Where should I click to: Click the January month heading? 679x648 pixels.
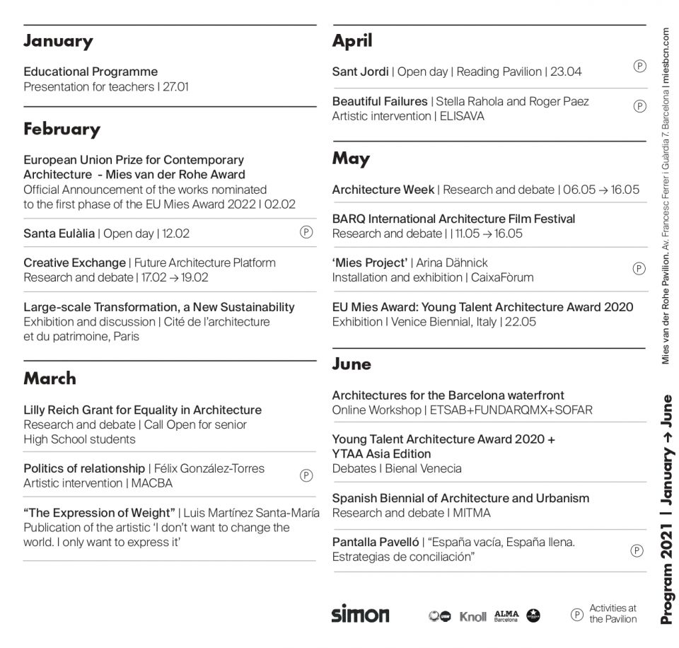point(58,41)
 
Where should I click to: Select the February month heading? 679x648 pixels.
point(62,129)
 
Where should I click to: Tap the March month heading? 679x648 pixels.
point(50,378)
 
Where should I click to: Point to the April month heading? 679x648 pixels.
point(352,41)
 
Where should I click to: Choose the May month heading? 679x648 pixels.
point(351,158)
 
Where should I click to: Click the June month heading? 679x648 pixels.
point(352,364)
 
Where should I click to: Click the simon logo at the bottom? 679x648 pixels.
point(360,614)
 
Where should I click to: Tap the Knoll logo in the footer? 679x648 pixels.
point(472,616)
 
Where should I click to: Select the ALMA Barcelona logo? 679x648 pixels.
point(506,615)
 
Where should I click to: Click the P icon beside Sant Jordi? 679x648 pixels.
point(639,66)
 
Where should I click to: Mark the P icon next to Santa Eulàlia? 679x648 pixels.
point(306,231)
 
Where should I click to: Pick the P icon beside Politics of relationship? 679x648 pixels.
point(306,475)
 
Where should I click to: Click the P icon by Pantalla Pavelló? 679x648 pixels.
point(637,550)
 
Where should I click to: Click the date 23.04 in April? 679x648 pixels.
point(567,71)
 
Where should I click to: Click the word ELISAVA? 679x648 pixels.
point(462,116)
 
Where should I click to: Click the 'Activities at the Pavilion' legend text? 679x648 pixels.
point(613,613)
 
